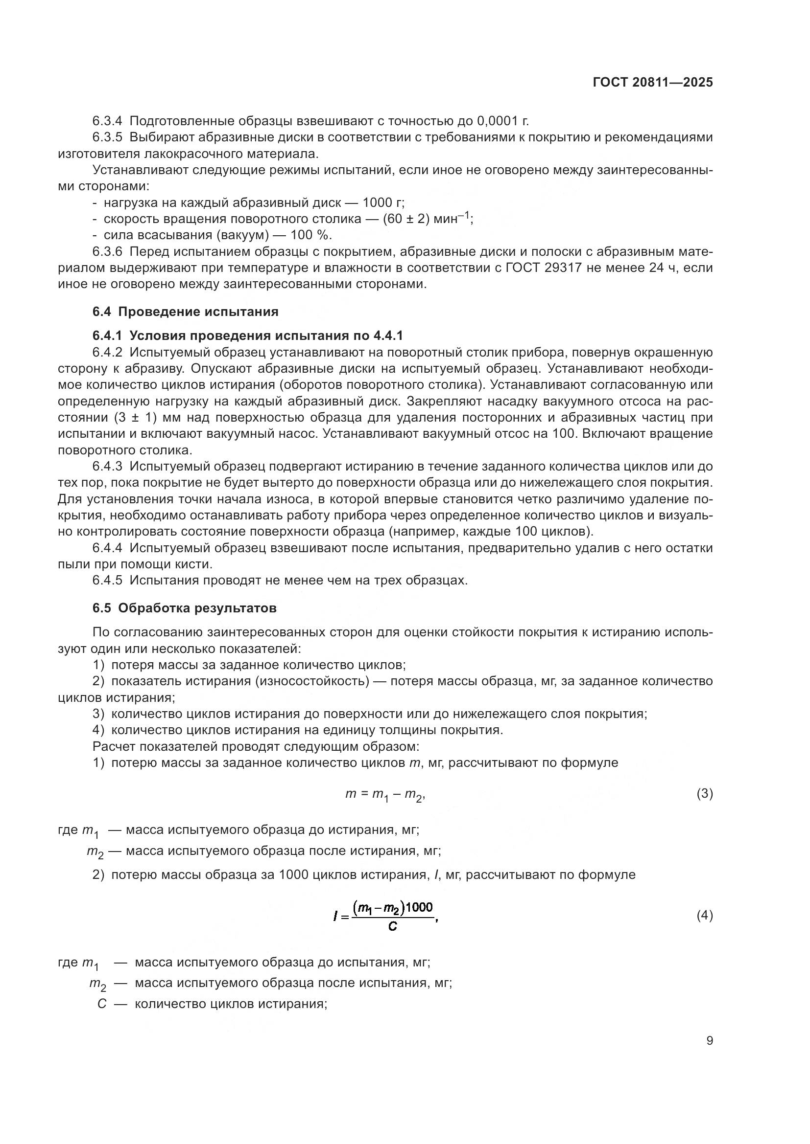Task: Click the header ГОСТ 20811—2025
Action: point(652,83)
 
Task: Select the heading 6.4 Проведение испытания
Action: point(185,312)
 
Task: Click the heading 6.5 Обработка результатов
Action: point(184,608)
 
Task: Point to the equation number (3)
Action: point(704,794)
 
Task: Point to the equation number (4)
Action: point(704,915)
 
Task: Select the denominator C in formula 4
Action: point(393,927)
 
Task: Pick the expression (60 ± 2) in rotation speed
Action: point(406,219)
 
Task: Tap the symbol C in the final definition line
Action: point(102,1004)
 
